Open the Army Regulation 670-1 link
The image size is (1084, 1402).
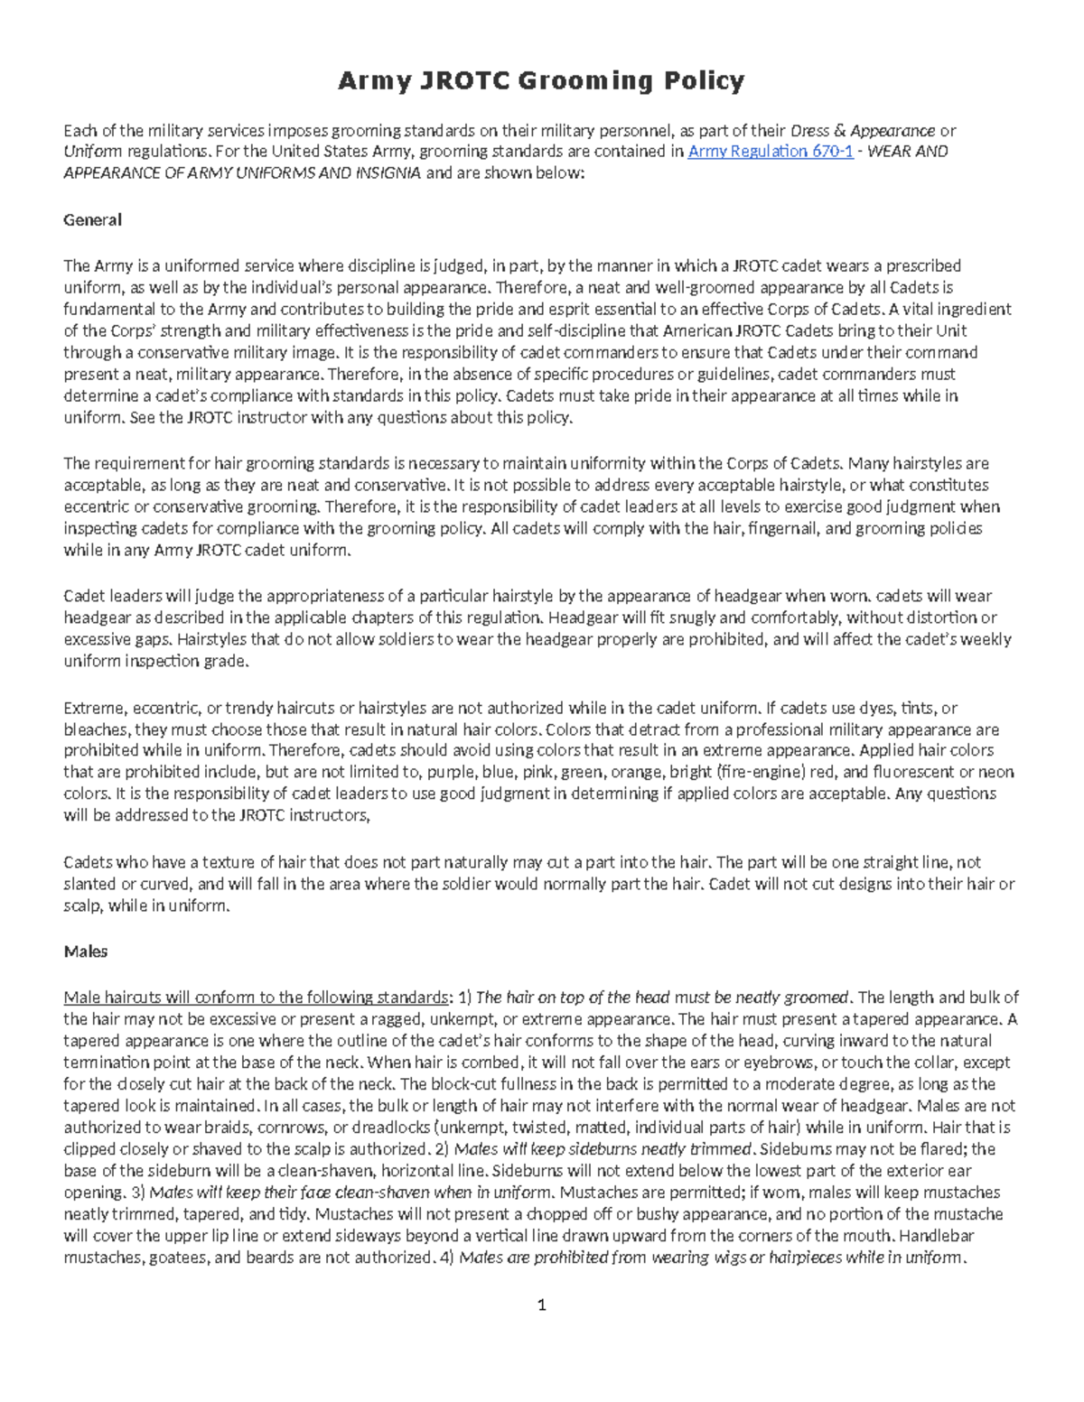pyautogui.click(x=770, y=152)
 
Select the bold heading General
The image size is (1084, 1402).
pyautogui.click(x=92, y=219)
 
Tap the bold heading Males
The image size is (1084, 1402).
pyautogui.click(x=86, y=952)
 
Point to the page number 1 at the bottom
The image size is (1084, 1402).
pyautogui.click(x=542, y=1305)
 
